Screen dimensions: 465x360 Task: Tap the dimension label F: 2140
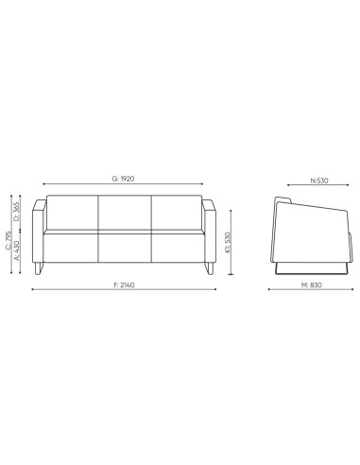click(124, 285)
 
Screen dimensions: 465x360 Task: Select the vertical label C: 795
click(9, 238)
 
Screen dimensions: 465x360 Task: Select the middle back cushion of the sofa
click(124, 213)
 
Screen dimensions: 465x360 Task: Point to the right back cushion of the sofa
click(177, 213)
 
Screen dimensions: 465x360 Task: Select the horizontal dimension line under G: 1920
click(124, 185)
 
